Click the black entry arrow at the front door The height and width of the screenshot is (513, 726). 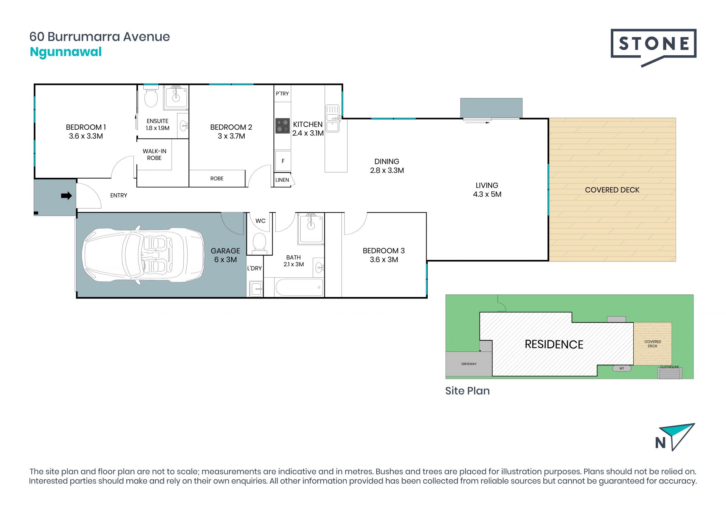click(x=67, y=196)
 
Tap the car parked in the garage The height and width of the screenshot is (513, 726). click(x=143, y=256)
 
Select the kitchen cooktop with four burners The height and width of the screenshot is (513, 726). click(x=282, y=126)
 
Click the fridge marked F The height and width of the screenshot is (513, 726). click(x=283, y=161)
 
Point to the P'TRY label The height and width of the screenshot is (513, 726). click(x=282, y=93)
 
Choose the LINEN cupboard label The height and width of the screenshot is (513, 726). click(x=282, y=180)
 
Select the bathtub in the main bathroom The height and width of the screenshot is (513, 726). click(x=299, y=288)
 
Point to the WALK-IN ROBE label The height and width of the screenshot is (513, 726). click(x=154, y=154)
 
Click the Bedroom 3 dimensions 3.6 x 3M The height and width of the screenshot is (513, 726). click(x=384, y=260)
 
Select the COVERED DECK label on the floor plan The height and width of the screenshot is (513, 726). click(x=612, y=190)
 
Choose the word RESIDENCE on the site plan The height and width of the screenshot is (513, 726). click(x=554, y=344)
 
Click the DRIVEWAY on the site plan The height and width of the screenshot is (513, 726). click(x=469, y=364)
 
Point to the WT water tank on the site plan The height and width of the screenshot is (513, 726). click(x=622, y=368)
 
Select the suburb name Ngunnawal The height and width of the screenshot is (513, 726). click(x=66, y=52)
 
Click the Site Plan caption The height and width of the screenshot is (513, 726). click(x=467, y=391)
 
